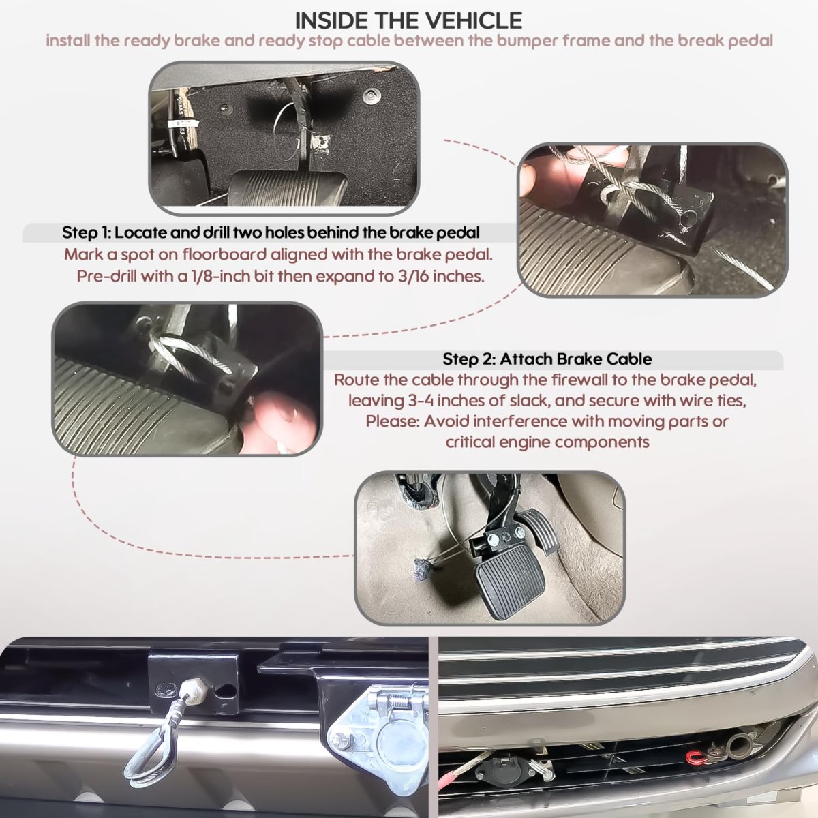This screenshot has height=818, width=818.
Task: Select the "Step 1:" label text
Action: pyautogui.click(x=86, y=232)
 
